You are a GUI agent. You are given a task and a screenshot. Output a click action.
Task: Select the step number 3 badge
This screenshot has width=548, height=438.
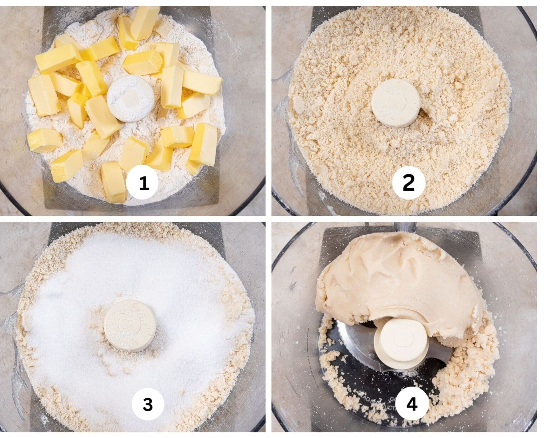(148, 404)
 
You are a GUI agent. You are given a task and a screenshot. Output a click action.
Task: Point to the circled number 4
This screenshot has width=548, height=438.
(412, 404)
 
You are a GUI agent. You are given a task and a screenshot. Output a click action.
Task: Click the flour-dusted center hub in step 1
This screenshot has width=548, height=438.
(131, 98)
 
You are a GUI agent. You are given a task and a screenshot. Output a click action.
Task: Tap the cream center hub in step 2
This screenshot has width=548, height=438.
(396, 103)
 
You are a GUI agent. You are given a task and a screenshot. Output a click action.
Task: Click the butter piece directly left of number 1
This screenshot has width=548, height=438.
(113, 182)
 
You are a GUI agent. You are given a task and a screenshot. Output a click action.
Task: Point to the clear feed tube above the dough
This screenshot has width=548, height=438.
(405, 227)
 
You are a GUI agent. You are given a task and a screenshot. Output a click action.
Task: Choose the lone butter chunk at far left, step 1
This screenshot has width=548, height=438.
(44, 140)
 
